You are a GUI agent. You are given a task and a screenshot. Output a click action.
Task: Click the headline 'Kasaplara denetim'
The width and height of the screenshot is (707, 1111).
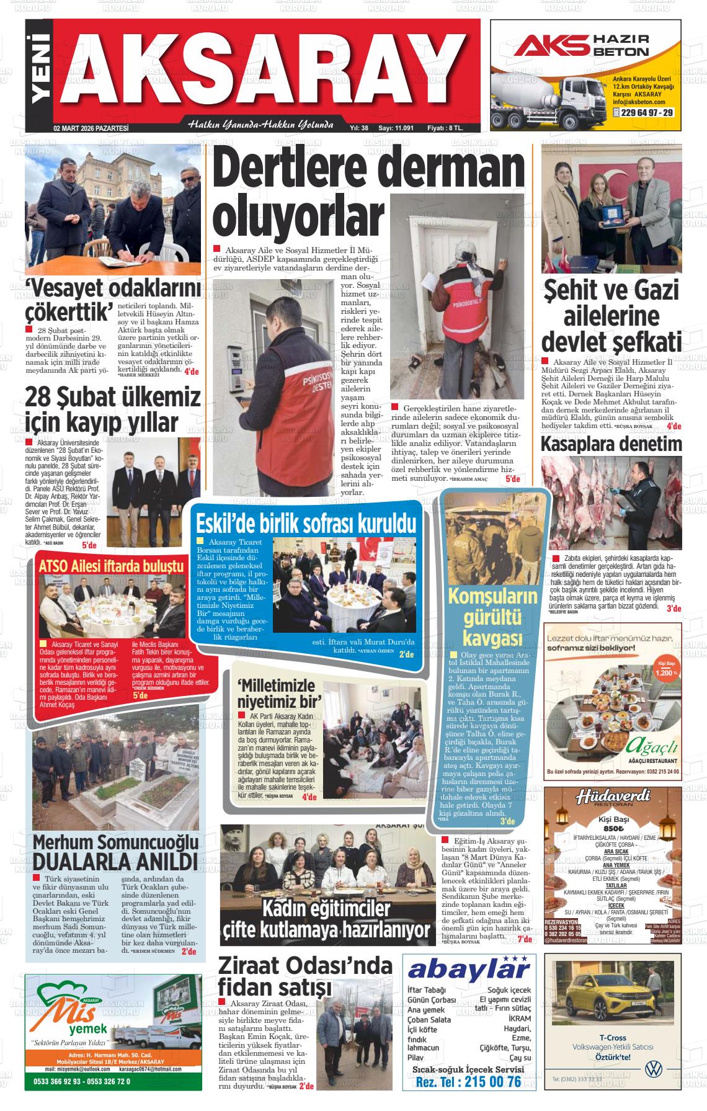[611, 444]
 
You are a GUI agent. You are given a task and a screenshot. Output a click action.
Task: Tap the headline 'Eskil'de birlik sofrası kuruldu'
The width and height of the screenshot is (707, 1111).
[306, 524]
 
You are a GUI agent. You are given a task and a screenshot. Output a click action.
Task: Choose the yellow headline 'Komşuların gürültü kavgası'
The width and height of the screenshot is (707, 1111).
[492, 618]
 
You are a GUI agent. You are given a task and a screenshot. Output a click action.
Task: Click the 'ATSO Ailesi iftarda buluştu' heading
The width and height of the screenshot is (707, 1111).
[112, 566]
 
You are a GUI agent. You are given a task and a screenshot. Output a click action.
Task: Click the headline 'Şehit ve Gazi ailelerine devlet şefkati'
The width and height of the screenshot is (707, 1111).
[611, 316]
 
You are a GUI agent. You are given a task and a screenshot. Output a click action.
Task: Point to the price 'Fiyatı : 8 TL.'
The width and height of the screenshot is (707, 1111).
[445, 128]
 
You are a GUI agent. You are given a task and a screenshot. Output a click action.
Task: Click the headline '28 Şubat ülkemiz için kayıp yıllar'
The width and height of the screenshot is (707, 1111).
[112, 409]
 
